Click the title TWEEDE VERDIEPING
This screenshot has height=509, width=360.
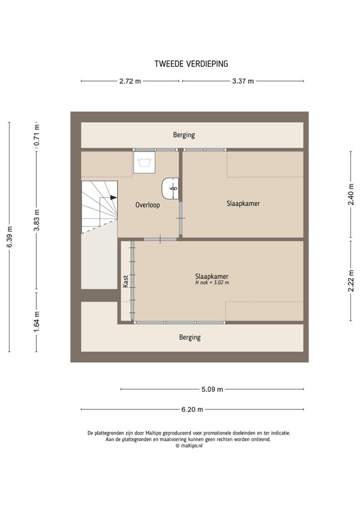[191, 64]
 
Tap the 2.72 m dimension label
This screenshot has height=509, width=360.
[130, 81]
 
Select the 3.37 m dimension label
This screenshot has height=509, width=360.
[243, 81]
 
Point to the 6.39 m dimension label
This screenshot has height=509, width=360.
[10, 237]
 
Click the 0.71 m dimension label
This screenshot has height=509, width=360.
[37, 135]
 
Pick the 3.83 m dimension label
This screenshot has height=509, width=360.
[37, 220]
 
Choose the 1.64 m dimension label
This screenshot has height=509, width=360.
[37, 322]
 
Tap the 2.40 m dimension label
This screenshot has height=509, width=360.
[351, 195]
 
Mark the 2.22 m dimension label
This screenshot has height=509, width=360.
[351, 281]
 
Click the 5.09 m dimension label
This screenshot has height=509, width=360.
[212, 389]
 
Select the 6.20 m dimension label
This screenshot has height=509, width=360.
[192, 409]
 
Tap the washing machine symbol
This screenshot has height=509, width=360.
[144, 162]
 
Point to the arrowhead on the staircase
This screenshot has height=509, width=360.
[113, 197]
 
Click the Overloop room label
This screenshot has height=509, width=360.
[148, 205]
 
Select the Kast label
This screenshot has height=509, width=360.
[126, 281]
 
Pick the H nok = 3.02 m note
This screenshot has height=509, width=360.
[212, 282]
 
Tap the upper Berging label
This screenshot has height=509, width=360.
[184, 135]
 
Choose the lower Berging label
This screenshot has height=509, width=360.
[190, 338]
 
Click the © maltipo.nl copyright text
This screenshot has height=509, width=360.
[189, 446]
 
